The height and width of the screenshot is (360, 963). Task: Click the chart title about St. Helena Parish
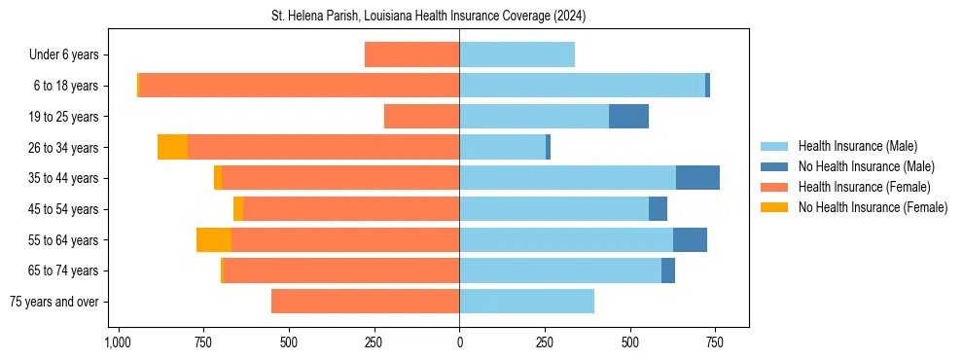tap(428, 17)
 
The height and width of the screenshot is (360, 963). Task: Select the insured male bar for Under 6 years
tap(517, 54)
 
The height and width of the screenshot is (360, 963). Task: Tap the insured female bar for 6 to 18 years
tap(299, 86)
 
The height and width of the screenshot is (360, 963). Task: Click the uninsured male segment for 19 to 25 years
tap(628, 117)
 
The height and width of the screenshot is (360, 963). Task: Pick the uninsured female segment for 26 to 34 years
tap(172, 147)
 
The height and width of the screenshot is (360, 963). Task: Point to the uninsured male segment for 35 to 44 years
tap(697, 178)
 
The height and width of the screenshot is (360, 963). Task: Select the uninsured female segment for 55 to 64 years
tap(214, 239)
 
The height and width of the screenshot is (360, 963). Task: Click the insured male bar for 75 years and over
tap(526, 302)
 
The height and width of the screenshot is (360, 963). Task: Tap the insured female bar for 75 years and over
tap(365, 302)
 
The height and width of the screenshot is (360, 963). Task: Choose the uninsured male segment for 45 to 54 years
tap(658, 209)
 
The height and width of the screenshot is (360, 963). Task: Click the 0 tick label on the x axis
tap(459, 342)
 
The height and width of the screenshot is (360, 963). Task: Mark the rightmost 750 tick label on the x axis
tap(715, 342)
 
